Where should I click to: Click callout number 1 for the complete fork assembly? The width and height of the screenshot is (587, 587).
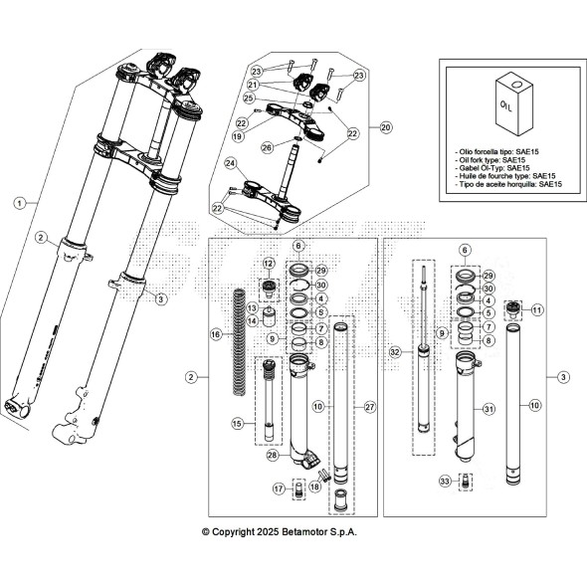click(x=18, y=202)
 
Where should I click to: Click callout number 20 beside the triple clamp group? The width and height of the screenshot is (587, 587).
click(x=386, y=127)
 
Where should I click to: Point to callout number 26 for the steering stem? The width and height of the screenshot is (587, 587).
click(x=267, y=147)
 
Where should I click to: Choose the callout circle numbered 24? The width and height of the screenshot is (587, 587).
click(x=230, y=163)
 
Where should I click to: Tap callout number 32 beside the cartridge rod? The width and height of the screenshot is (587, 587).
click(x=394, y=352)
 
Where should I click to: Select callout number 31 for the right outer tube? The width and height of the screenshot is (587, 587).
click(x=488, y=409)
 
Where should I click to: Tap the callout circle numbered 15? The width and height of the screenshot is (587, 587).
click(x=238, y=424)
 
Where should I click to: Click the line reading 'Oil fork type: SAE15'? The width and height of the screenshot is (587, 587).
click(x=500, y=159)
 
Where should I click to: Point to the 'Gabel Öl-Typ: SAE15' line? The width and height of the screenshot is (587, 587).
click(x=500, y=168)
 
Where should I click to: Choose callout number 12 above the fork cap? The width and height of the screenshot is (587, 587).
click(x=268, y=262)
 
